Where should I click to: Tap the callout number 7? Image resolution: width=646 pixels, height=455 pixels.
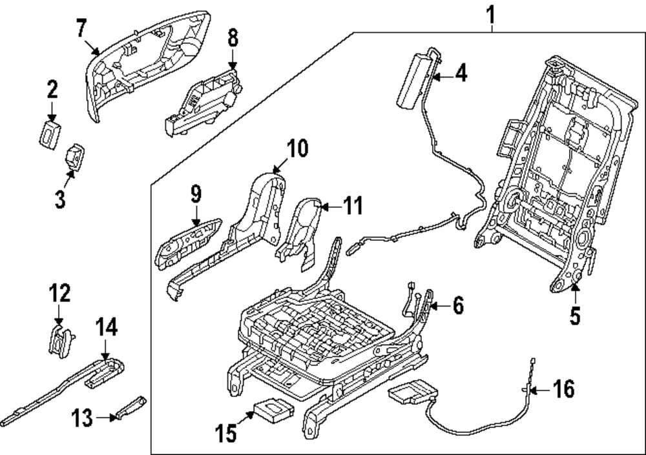point(81,28)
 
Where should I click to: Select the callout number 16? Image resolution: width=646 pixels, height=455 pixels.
point(563,390)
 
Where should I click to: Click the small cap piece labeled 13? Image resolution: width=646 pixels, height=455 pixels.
point(129,410)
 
